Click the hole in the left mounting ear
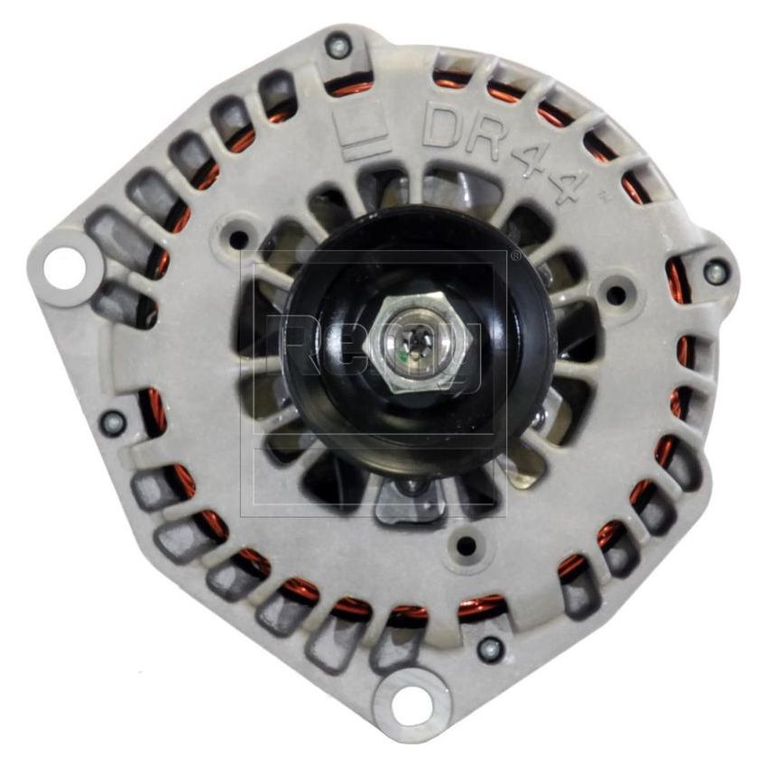pos(65,268)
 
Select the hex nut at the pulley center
pos(418,340)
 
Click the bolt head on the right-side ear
pos(715,271)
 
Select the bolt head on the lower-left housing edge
pos(114,421)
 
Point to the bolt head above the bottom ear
pos(489,648)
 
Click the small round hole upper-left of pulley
pos(238,240)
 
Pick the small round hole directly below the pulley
pos(466,546)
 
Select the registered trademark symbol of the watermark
pos(515,256)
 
